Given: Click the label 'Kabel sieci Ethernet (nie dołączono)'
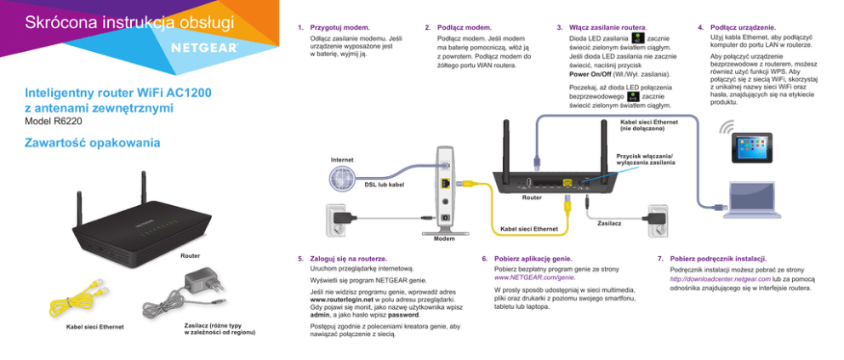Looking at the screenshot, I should pos(648,128).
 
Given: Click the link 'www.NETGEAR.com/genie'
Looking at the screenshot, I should pos(534,277).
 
